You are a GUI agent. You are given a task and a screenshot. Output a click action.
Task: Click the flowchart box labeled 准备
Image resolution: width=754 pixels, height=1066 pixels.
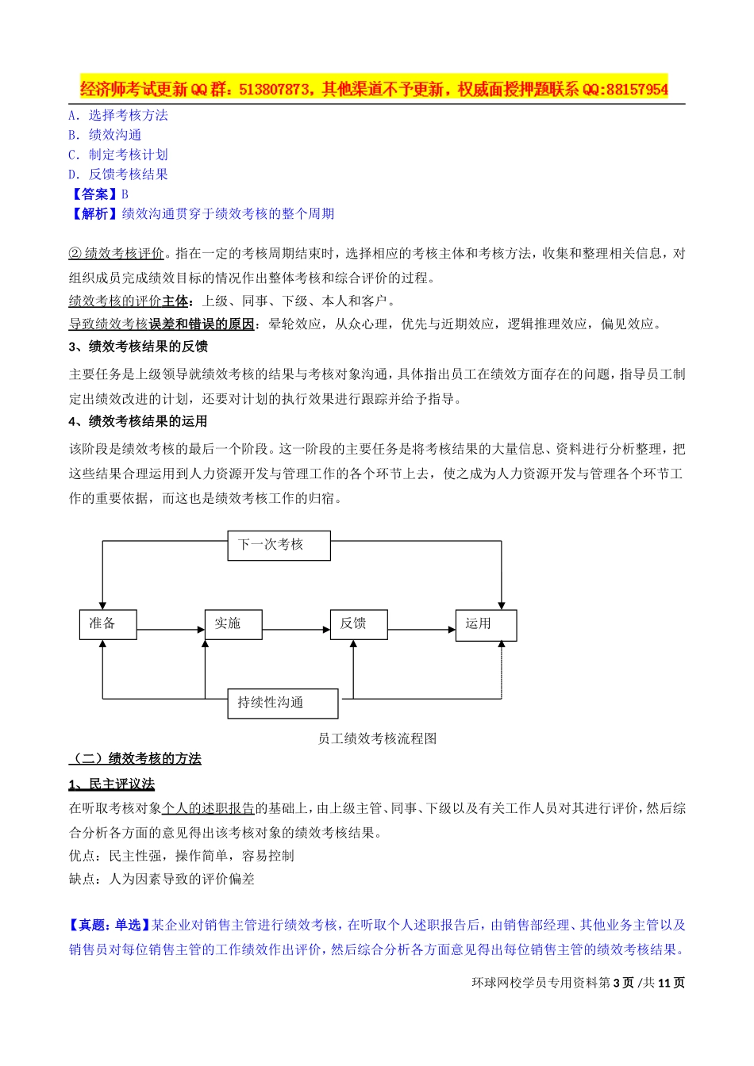click(108, 624)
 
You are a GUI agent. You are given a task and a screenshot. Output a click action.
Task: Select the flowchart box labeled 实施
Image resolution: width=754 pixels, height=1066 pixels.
click(233, 624)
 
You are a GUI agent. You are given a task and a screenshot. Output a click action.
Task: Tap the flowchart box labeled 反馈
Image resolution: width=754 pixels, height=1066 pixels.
click(359, 624)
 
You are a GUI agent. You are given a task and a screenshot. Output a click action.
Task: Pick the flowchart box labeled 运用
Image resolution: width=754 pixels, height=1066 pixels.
click(486, 625)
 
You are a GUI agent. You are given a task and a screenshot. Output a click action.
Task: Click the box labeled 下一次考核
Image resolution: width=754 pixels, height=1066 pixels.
click(279, 546)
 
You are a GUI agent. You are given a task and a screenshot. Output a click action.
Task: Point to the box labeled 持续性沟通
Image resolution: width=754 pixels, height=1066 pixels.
click(283, 704)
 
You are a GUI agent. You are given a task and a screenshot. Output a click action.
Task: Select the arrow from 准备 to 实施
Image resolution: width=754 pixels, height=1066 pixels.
click(171, 630)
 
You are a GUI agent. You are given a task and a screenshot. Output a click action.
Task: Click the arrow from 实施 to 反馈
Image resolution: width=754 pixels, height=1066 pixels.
click(296, 630)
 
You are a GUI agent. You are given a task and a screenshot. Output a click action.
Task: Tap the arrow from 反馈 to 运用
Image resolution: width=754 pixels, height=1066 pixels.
click(421, 630)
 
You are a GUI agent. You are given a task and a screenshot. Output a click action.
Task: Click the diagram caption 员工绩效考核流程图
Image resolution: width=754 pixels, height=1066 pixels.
click(377, 738)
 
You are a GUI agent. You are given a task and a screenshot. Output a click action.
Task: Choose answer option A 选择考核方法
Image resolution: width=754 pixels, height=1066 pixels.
click(118, 115)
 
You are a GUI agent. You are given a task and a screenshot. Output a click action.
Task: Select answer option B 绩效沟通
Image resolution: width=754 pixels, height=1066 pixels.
click(105, 135)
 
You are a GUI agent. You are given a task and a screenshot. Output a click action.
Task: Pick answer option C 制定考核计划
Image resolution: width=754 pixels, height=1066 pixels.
click(118, 155)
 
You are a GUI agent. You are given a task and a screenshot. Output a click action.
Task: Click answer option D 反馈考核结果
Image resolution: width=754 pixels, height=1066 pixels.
click(118, 174)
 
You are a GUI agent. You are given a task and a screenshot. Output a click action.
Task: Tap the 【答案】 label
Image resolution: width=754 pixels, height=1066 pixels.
click(94, 194)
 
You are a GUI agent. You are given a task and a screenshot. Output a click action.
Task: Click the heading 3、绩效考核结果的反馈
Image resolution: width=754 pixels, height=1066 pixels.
click(138, 347)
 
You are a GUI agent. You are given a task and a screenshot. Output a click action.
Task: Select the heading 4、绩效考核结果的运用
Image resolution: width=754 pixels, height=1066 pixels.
click(138, 421)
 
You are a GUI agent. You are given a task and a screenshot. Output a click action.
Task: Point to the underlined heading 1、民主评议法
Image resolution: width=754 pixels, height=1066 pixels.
click(112, 784)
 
